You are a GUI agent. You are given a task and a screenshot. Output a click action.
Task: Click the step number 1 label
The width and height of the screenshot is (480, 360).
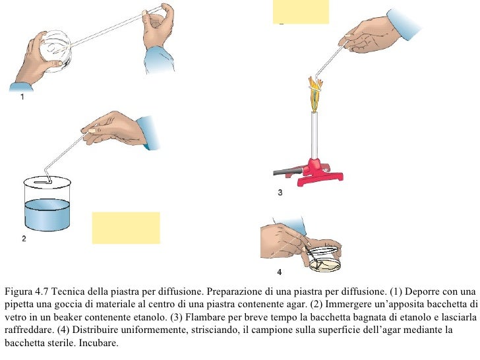[22, 97]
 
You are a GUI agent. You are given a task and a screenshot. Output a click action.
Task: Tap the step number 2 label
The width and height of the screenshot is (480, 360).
[24, 239]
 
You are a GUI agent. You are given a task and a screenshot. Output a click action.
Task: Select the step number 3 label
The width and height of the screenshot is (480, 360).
[280, 193]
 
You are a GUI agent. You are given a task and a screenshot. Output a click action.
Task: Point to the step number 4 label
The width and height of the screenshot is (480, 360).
[279, 272]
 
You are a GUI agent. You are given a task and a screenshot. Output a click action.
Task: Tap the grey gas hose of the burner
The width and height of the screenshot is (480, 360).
[288, 171]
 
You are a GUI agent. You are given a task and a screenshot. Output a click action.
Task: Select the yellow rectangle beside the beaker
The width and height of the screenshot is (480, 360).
[126, 227]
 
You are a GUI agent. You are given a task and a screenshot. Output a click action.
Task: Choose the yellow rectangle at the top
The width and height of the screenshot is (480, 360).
[301, 12]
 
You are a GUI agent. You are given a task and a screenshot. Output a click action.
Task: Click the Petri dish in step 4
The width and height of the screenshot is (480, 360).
[325, 264]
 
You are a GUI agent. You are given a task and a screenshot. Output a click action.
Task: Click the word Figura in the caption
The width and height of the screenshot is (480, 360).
[18, 291]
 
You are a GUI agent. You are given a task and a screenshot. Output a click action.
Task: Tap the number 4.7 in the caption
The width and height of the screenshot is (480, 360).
[42, 291]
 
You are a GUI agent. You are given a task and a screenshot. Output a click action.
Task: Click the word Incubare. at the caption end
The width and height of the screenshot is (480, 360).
[99, 343]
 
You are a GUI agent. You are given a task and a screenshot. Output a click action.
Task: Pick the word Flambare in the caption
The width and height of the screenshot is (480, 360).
[202, 317]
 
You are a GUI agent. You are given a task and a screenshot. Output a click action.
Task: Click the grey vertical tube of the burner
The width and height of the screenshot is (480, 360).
[315, 135]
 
